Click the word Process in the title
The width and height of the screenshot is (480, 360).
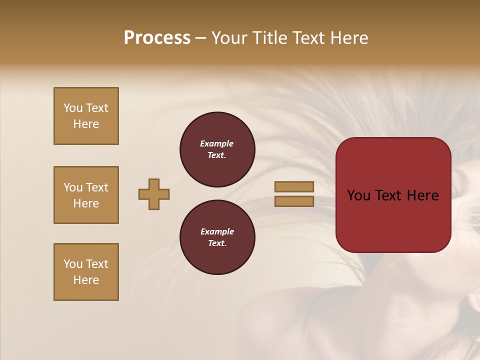pyautogui.click(x=157, y=38)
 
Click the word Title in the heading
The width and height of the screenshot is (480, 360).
pyautogui.click(x=269, y=38)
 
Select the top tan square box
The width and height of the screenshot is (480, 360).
pyautogui.click(x=86, y=116)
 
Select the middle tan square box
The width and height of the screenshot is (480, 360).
pyautogui.click(x=86, y=195)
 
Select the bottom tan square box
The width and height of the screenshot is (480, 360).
pyautogui.click(x=86, y=272)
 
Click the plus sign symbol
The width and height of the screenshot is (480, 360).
pyautogui.click(x=154, y=194)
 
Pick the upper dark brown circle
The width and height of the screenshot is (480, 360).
pyautogui.click(x=217, y=149)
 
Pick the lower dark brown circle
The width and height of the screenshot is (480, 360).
pyautogui.click(x=217, y=237)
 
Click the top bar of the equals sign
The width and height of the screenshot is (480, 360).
pyautogui.click(x=294, y=186)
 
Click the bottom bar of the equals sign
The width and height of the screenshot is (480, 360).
pyautogui.click(x=294, y=201)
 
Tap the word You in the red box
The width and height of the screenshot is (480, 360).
pyautogui.click(x=358, y=195)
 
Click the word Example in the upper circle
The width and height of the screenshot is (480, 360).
pyautogui.click(x=217, y=144)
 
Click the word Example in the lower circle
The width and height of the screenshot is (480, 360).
pyautogui.click(x=217, y=232)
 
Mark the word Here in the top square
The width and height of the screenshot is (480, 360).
pyautogui.click(x=86, y=124)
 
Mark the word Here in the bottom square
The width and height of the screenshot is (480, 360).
pyautogui.click(x=86, y=280)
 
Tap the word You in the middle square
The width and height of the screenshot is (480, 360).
pyautogui.click(x=73, y=187)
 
